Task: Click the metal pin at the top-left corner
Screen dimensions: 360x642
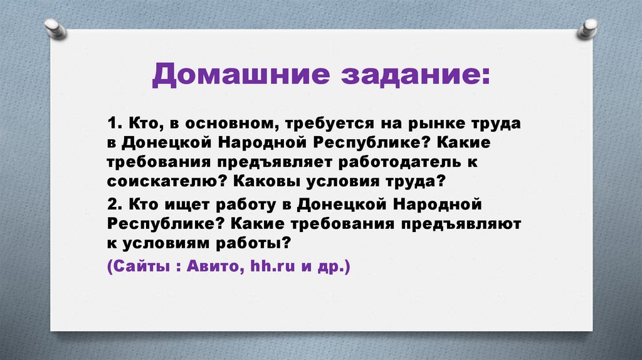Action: (56, 28)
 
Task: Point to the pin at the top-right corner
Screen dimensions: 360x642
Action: (587, 28)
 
